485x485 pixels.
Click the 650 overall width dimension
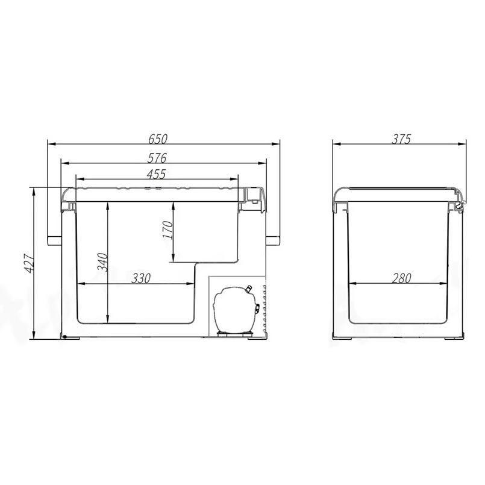pos(158,139)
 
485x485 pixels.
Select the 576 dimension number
pos(157,158)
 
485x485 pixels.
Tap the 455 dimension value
pos(156,174)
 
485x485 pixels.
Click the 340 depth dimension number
pos(102,262)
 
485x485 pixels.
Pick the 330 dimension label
pos(141,278)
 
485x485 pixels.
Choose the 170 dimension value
pos(167,230)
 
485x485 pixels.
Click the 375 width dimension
pos(401,139)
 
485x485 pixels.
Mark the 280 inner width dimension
pos(401,278)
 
